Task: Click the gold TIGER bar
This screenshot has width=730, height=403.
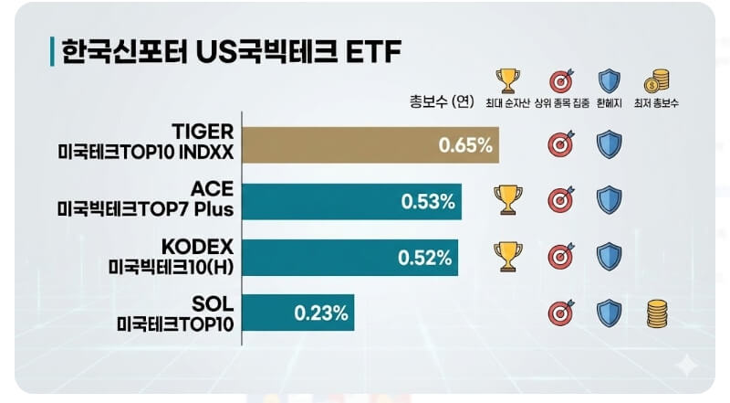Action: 370,143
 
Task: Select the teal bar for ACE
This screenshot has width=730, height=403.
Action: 351,200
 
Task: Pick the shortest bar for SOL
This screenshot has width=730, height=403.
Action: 297,313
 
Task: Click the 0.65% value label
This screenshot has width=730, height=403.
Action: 464,144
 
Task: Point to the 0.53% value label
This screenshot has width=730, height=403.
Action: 428,201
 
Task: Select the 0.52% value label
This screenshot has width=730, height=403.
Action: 425,258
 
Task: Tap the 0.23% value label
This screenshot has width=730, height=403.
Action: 321,313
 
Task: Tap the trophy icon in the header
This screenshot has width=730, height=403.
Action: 507,80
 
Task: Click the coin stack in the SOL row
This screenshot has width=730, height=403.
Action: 656,313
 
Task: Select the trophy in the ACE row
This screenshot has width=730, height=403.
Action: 507,200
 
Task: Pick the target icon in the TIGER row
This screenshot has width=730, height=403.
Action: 559,144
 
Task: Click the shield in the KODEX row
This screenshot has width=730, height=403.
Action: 609,257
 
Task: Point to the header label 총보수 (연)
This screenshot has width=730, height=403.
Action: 441,101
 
